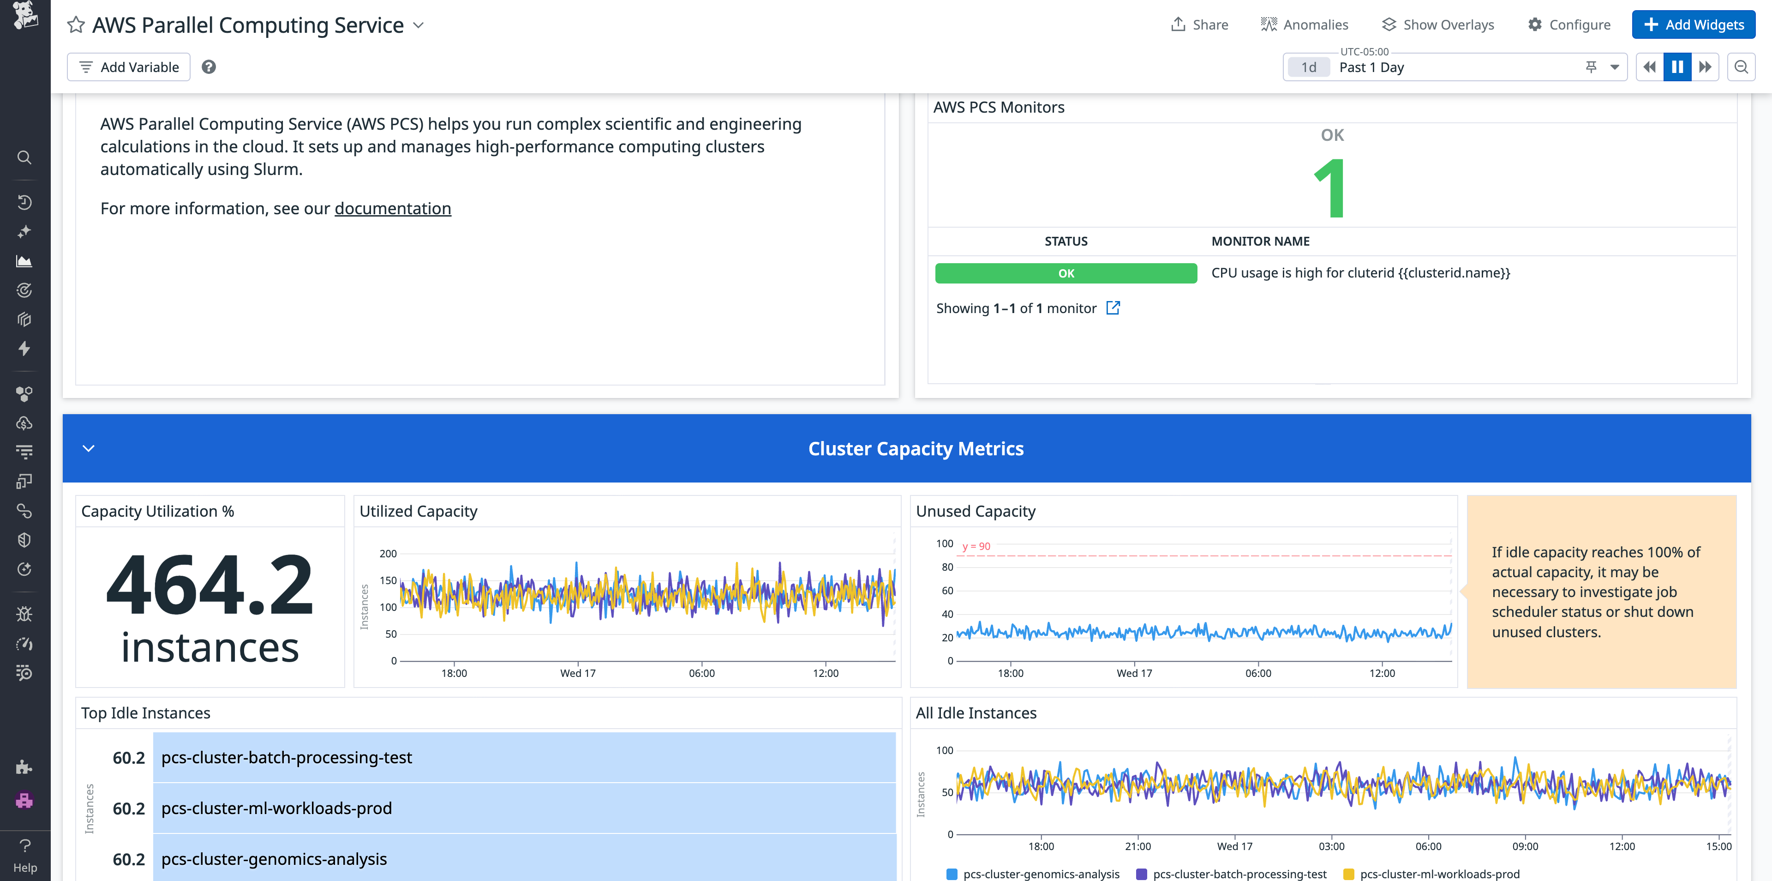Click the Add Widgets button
(1693, 25)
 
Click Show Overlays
(1438, 25)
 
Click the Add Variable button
(129, 67)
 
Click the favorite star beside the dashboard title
(76, 25)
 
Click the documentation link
(393, 209)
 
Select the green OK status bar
(1066, 273)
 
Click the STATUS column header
(1066, 241)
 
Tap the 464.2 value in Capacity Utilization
(210, 585)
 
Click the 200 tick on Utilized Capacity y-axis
(388, 553)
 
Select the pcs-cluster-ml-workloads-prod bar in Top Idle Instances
(524, 808)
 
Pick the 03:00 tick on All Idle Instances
(1331, 846)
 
